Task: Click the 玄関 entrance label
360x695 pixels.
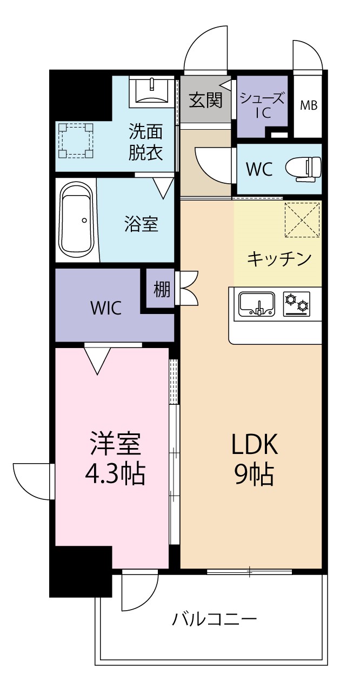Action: click(205, 100)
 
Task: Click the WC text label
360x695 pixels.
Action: click(259, 169)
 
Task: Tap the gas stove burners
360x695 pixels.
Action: click(296, 304)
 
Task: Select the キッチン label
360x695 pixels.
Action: click(279, 259)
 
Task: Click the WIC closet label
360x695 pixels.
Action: click(106, 308)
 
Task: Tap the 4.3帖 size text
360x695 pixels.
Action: click(115, 473)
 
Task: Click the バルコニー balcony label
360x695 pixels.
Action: click(214, 619)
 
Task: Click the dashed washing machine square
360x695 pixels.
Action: click(76, 140)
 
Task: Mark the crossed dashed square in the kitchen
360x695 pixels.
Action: click(303, 219)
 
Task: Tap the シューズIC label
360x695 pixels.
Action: click(262, 106)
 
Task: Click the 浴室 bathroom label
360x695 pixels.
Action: click(141, 224)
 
